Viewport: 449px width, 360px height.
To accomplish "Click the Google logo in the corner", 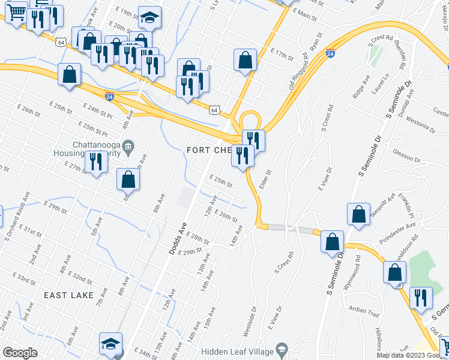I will [x=20, y=353].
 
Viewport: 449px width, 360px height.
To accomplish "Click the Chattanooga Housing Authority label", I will [x=96, y=150].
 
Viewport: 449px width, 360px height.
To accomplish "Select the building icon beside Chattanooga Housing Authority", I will [x=127, y=146].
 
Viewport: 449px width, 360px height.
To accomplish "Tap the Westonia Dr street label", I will [x=420, y=126].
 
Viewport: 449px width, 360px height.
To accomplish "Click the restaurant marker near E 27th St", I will [x=95, y=161].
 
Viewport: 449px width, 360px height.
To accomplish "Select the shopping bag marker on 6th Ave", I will [x=128, y=179].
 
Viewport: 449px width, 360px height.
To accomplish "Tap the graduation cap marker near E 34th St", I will [x=110, y=343].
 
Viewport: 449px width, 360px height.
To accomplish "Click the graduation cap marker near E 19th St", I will [x=149, y=17].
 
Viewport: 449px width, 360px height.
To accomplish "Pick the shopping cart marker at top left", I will [x=16, y=11].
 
